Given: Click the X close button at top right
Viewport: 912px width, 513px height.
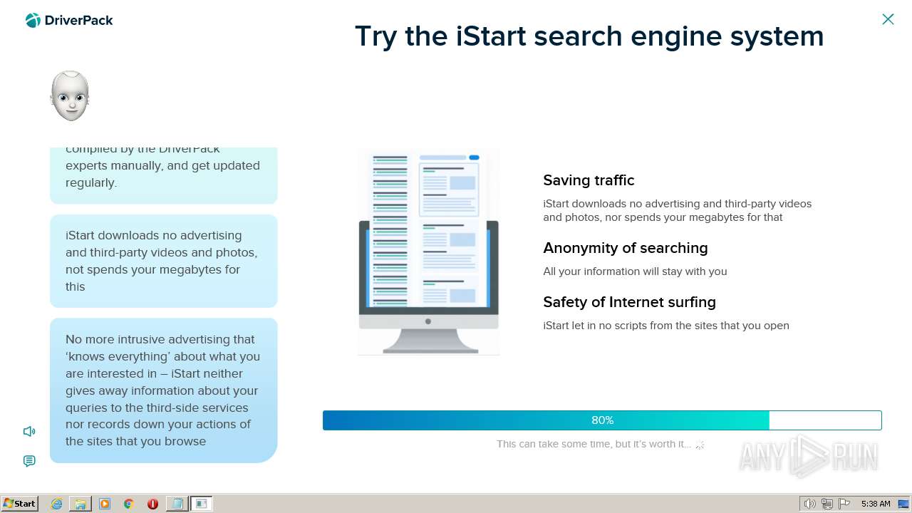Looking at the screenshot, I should click(888, 19).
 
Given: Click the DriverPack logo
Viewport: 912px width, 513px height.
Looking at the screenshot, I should click(69, 21).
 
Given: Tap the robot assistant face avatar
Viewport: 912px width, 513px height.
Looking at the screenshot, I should click(70, 96).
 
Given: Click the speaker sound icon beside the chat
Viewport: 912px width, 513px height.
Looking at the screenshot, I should click(29, 431).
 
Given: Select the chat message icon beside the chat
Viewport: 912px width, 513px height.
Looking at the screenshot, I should click(29, 461).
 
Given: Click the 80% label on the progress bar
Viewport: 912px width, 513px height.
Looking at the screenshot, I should click(602, 420).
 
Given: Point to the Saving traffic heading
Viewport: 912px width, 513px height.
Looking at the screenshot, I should click(589, 180).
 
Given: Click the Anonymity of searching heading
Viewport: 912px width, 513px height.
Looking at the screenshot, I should click(625, 248).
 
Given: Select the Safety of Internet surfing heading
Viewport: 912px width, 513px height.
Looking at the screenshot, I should click(629, 302).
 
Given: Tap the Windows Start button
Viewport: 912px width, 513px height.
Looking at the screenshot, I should click(19, 504).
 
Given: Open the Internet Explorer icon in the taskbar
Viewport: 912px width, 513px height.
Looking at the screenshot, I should click(56, 504).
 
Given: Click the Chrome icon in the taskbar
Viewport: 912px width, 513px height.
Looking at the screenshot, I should click(129, 504).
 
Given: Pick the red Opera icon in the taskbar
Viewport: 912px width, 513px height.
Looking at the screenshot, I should click(152, 504).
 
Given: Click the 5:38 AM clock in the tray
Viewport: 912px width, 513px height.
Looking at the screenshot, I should click(876, 504).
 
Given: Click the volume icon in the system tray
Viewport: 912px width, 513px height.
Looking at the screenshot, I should click(809, 504).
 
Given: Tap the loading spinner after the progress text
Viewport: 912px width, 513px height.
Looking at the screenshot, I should click(700, 445).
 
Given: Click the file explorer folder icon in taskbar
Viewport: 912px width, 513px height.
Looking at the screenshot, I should click(81, 504).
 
